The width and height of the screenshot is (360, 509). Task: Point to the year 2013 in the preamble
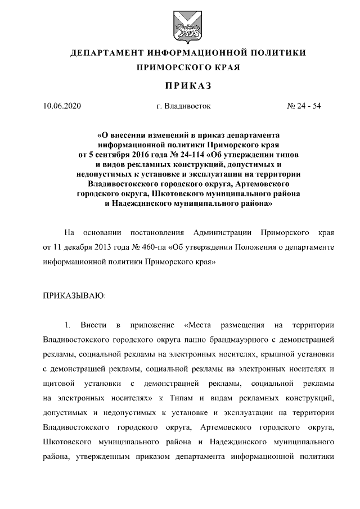103,247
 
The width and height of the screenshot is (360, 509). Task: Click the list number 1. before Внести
67,326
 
